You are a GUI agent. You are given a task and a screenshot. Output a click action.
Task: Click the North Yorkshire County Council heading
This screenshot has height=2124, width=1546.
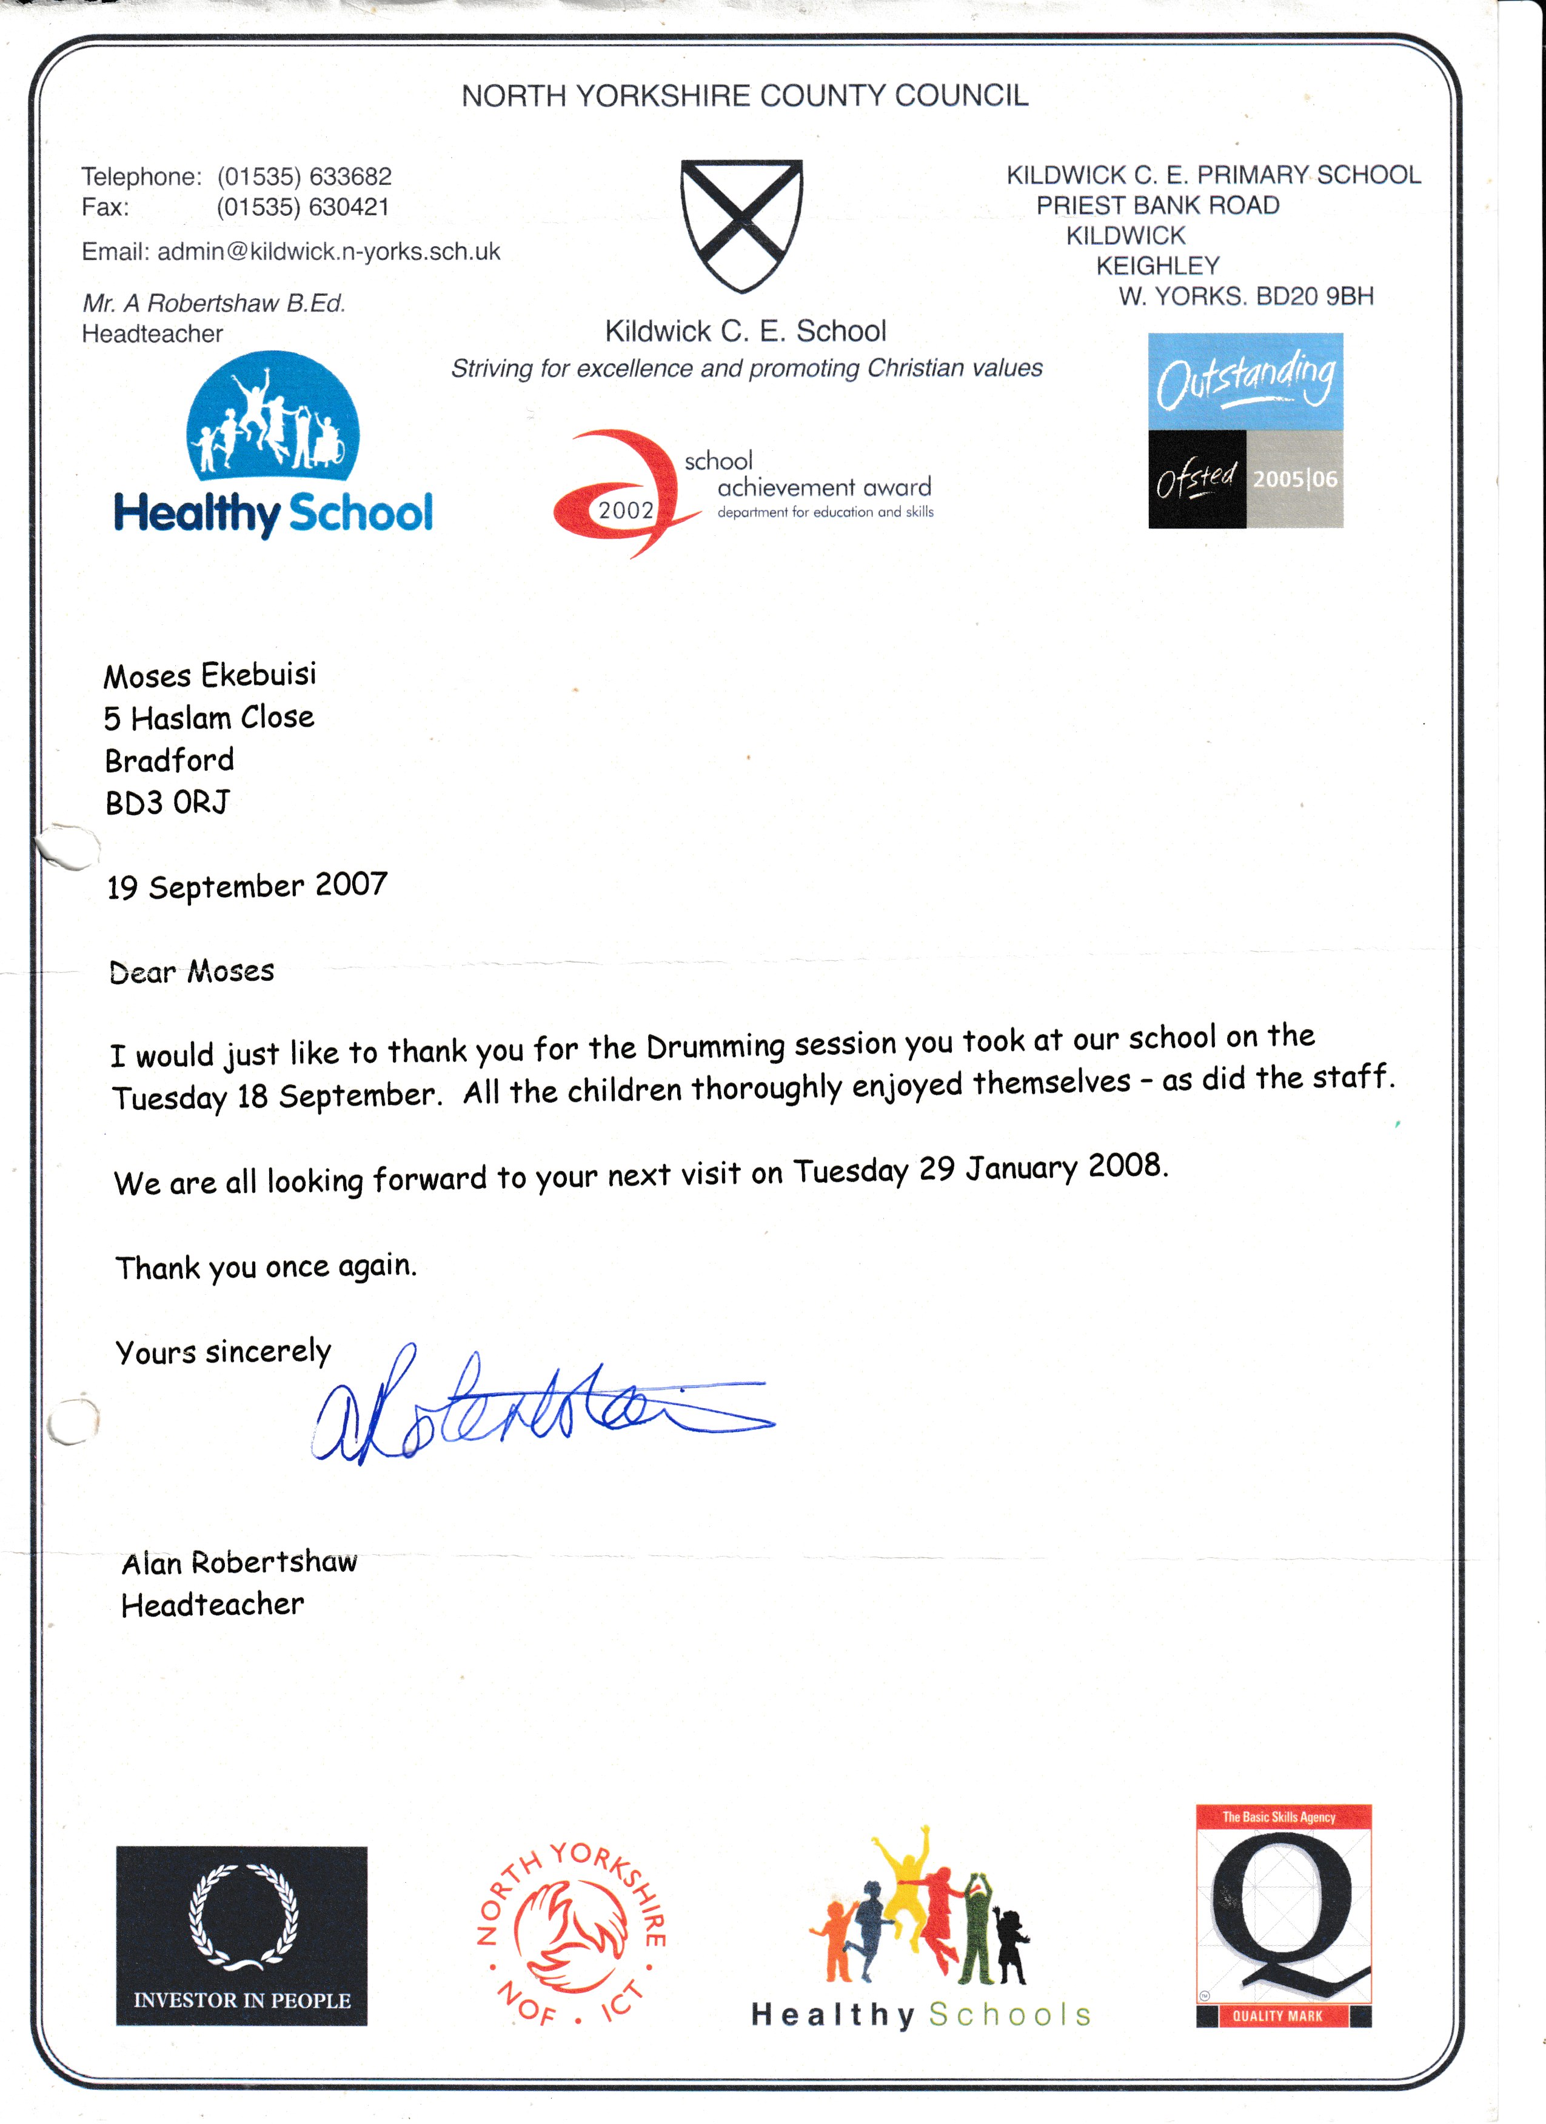click(745, 96)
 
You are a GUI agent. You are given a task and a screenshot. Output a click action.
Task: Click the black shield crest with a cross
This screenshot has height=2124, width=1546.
click(741, 225)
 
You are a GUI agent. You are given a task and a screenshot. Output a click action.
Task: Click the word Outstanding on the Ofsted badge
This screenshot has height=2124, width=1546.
click(1245, 379)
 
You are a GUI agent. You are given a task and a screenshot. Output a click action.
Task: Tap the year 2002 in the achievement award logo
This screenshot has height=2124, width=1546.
click(626, 510)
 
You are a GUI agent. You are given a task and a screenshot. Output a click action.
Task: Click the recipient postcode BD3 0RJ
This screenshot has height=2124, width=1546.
click(167, 803)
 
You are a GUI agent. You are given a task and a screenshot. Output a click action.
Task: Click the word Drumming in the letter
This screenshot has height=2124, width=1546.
click(715, 1046)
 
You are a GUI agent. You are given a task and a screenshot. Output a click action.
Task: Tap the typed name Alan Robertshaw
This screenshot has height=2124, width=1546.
click(239, 1562)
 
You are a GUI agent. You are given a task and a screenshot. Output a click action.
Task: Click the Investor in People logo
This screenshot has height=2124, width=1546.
click(241, 1935)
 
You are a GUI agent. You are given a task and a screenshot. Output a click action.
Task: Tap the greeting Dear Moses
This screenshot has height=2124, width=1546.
click(192, 971)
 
